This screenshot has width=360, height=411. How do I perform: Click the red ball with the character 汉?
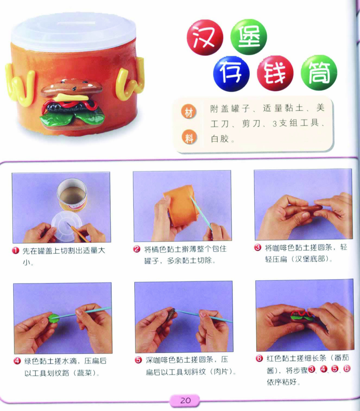[x=205, y=38]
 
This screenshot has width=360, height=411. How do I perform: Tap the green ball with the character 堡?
[x=248, y=37]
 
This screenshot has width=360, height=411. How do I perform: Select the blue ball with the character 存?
[x=231, y=74]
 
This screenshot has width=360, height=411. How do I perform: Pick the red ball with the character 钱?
[x=275, y=73]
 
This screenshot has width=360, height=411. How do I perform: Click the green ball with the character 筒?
[x=319, y=73]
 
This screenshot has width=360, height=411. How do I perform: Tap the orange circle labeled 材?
[x=189, y=112]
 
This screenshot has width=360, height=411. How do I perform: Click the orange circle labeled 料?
[x=189, y=137]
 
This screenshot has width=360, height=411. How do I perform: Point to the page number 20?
[x=185, y=400]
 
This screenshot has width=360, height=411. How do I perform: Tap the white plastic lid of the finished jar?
[x=74, y=32]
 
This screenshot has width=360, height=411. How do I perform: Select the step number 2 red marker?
[x=136, y=249]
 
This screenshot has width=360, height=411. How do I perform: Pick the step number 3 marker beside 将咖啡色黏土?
[x=258, y=247]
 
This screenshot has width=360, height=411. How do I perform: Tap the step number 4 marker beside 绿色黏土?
[x=17, y=361]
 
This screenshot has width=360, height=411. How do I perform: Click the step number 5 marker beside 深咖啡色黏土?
[x=138, y=360]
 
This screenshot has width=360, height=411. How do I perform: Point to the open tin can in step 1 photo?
[x=71, y=194]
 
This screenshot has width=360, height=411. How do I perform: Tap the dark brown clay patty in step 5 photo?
[x=172, y=312]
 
